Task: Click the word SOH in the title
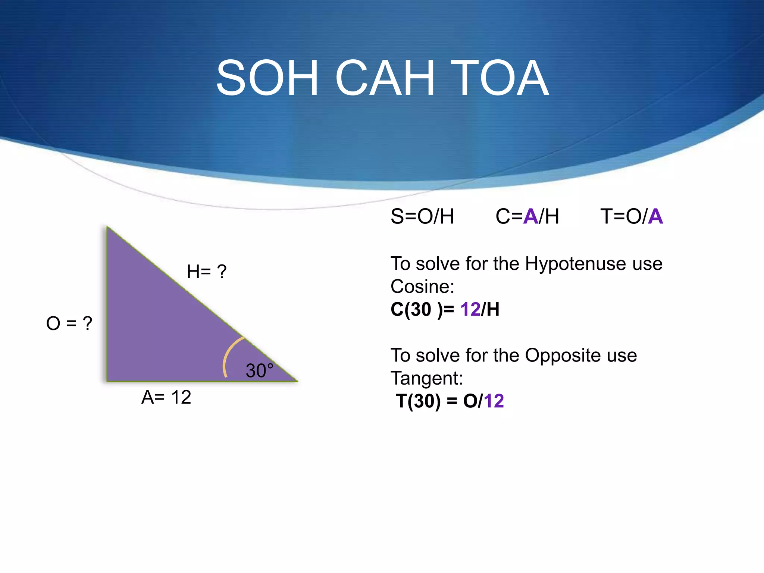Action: click(x=267, y=78)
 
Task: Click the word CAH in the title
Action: click(x=385, y=78)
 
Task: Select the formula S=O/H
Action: click(x=422, y=216)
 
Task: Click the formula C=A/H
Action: click(x=527, y=216)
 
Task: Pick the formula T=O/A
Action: click(x=631, y=216)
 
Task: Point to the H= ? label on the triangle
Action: click(x=206, y=272)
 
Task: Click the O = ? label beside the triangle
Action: click(x=69, y=323)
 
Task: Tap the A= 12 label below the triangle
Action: click(x=166, y=397)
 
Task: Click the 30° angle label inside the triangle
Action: click(x=259, y=370)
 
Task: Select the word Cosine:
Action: click(x=422, y=286)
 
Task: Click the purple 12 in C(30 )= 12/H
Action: click(x=470, y=309)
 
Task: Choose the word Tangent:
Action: click(x=426, y=378)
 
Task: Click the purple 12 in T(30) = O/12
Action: click(x=494, y=401)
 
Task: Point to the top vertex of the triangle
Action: click(x=107, y=227)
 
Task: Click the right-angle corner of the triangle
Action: click(x=108, y=381)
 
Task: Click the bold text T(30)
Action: click(x=418, y=401)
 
